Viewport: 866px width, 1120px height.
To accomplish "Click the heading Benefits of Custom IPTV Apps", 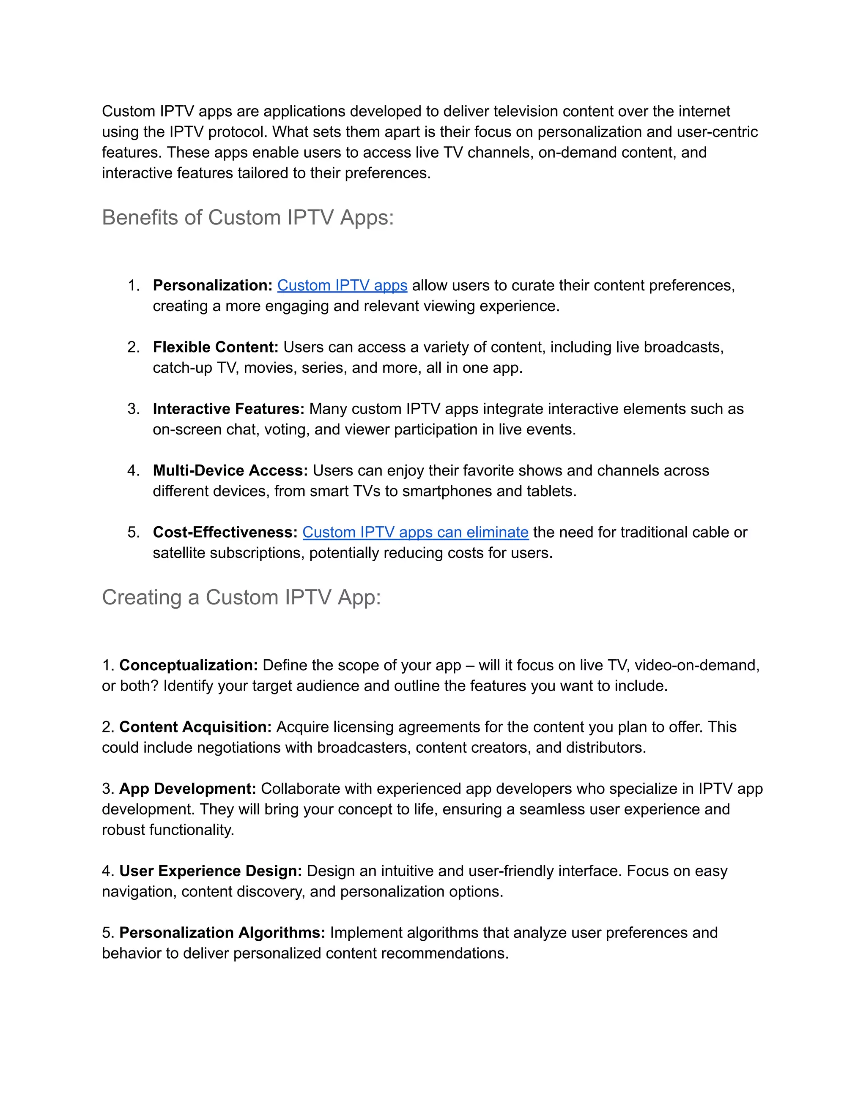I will (x=248, y=217).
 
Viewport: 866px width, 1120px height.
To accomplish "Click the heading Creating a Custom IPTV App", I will (x=241, y=598).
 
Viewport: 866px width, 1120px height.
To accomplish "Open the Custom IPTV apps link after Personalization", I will (x=342, y=286).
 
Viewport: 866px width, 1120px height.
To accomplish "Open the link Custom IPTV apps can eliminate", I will (x=415, y=532).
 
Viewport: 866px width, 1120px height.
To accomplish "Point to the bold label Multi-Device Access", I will (x=230, y=471).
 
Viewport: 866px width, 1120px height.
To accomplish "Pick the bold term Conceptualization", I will (x=188, y=665).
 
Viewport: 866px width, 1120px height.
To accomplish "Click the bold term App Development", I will (x=188, y=789).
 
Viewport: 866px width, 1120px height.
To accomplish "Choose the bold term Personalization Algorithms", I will (x=222, y=932).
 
